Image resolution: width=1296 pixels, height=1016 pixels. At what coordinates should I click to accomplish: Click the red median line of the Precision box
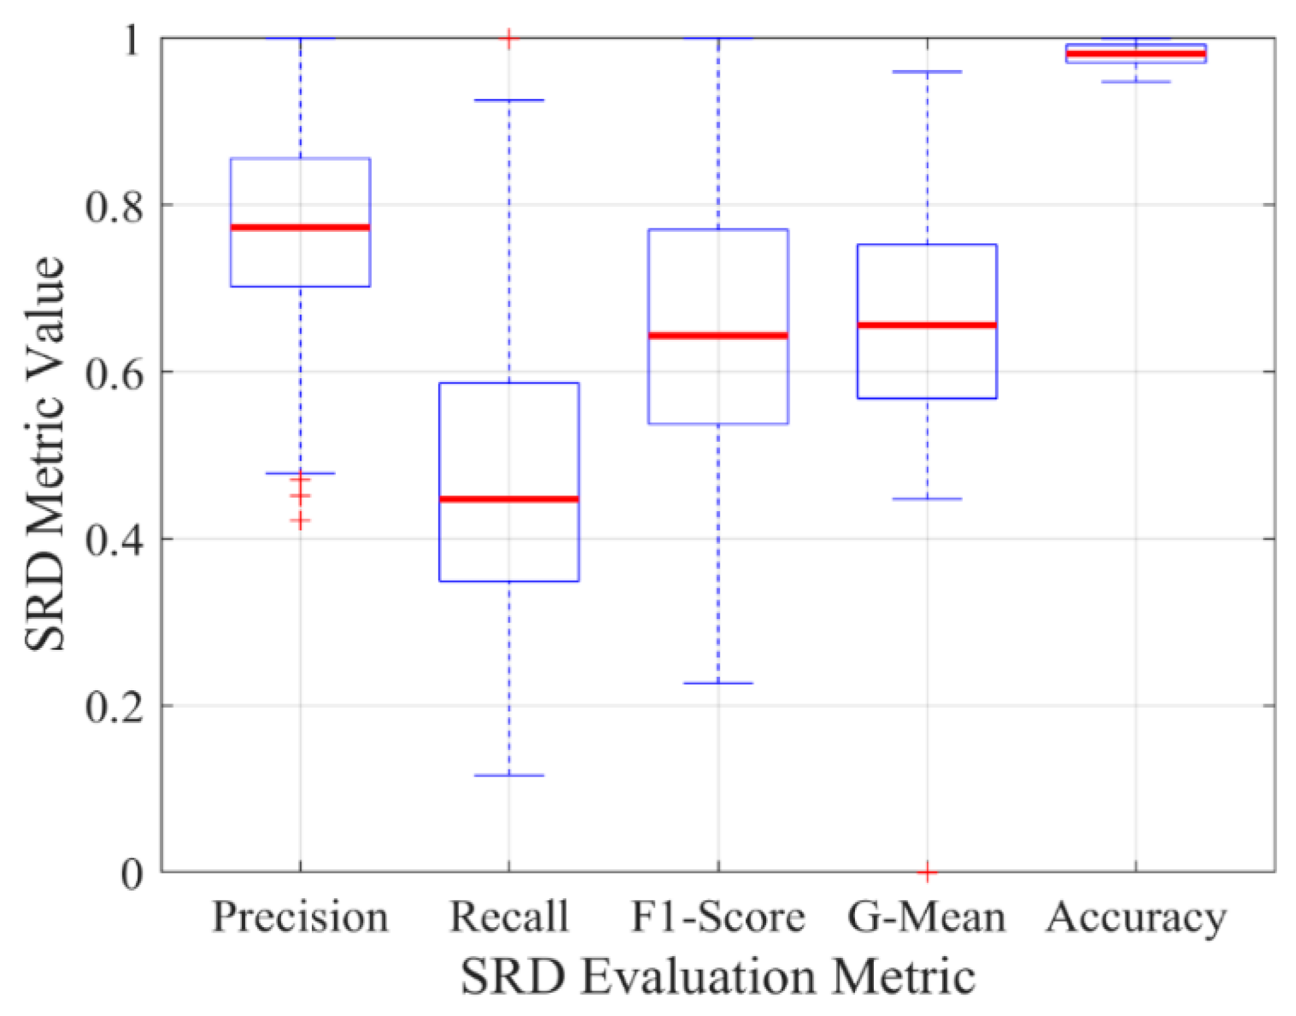(x=300, y=227)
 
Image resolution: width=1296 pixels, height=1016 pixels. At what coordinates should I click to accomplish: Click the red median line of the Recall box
(x=509, y=499)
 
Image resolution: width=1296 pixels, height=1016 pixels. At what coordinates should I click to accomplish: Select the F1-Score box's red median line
(x=718, y=335)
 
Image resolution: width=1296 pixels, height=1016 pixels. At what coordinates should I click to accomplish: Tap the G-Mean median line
(x=927, y=325)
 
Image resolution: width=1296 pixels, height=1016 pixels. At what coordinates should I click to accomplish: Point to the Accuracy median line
(x=1136, y=54)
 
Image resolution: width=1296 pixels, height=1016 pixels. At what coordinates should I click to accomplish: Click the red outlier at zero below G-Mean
(x=927, y=872)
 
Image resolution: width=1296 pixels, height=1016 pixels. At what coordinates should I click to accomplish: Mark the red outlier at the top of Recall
(x=509, y=39)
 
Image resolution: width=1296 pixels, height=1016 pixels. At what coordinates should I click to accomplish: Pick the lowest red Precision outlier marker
(x=300, y=521)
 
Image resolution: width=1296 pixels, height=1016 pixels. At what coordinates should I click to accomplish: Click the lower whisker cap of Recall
(x=509, y=775)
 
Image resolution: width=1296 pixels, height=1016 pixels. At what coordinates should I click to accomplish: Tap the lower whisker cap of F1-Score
(x=718, y=683)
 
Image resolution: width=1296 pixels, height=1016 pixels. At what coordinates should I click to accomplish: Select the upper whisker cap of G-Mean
(x=927, y=72)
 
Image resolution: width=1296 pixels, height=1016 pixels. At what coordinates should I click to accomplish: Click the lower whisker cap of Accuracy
(x=1136, y=82)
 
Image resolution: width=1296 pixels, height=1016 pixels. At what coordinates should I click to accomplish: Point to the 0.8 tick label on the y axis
(x=114, y=205)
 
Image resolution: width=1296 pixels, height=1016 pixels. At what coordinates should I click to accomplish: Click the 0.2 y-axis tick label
(x=114, y=707)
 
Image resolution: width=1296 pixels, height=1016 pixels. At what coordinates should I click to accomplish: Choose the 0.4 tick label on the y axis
(x=114, y=540)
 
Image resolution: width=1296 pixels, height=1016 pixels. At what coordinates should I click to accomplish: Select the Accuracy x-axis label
(x=1136, y=918)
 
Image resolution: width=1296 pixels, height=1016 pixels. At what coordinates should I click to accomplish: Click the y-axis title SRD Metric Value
(x=45, y=454)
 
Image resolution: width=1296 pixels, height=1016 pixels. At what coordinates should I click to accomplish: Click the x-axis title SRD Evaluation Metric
(x=718, y=978)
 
